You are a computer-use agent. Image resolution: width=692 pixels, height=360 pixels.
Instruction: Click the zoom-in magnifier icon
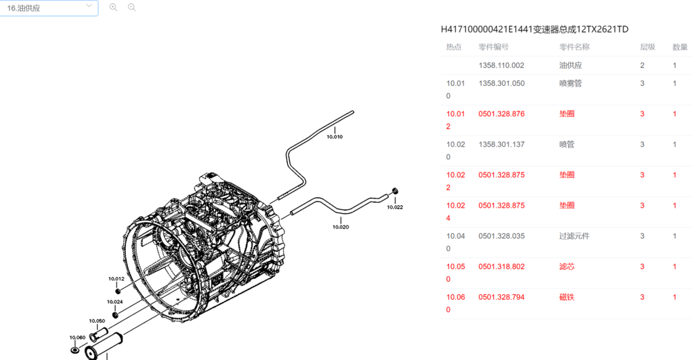point(113,8)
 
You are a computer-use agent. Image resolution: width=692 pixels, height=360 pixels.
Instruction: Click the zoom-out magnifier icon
point(131,8)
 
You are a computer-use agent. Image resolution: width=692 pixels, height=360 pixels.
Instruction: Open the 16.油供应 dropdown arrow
point(89,7)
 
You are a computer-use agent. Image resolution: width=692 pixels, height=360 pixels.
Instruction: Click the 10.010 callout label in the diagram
point(334,137)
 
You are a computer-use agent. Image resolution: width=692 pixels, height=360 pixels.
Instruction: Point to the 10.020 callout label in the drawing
point(340,227)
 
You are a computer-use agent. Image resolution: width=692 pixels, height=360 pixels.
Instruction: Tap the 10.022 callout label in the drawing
point(395,207)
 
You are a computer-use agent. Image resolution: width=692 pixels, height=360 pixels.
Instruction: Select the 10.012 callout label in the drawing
point(116,279)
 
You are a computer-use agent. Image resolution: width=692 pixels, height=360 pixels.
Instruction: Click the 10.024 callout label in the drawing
point(115,303)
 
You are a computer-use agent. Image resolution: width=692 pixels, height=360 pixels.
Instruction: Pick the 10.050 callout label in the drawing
point(97,321)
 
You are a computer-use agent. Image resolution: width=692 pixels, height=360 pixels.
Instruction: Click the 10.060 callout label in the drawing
point(78,337)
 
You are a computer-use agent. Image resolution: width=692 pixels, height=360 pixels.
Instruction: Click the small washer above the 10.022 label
point(395,190)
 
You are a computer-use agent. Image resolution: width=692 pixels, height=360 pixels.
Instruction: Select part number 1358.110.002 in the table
point(501,66)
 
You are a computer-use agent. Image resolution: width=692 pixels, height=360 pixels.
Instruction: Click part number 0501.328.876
point(501,114)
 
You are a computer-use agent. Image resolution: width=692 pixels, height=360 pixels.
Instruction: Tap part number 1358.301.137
point(501,145)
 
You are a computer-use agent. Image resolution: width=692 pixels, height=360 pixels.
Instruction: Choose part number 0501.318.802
point(501,267)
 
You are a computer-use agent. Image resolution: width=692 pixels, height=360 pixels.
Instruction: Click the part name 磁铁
point(567,297)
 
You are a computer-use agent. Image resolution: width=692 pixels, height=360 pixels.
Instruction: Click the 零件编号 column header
point(493,47)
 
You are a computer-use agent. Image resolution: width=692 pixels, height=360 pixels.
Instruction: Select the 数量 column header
point(680,47)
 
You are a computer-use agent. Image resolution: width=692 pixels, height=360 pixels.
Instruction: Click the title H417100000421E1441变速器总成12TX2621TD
point(534,29)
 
